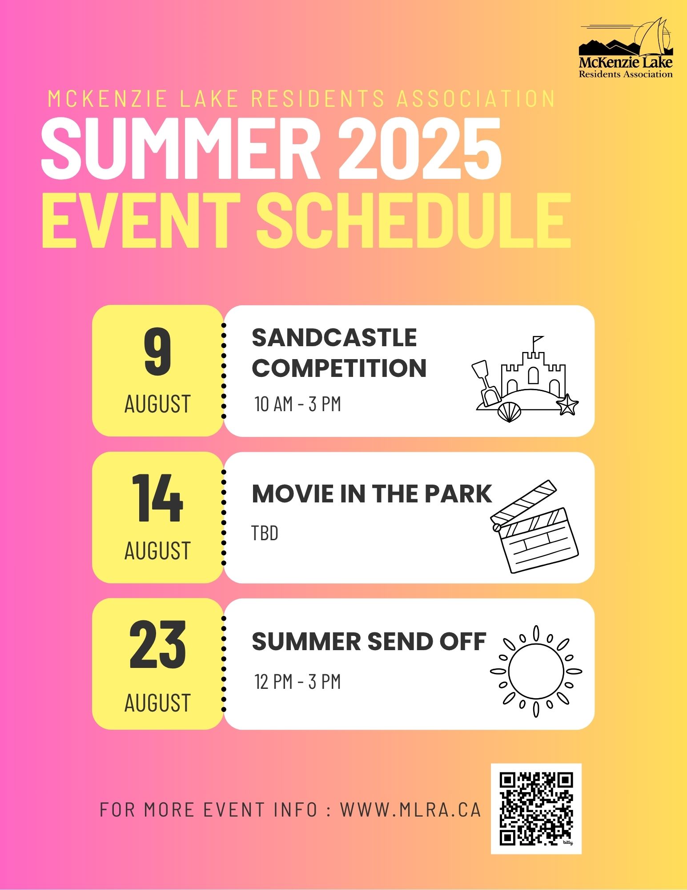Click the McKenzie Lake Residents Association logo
point(626,48)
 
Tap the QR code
point(536,809)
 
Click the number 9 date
point(158,352)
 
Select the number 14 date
point(157,498)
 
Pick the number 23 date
point(157,645)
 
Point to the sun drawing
point(536,672)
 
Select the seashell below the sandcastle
point(509,412)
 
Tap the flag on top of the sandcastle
point(538,340)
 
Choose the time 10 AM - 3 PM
point(297,404)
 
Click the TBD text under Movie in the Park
point(265,533)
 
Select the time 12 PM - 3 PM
point(297,682)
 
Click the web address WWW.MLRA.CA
point(410,810)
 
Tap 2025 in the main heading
point(420,148)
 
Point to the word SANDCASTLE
point(334,337)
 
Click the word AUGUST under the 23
point(157,703)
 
